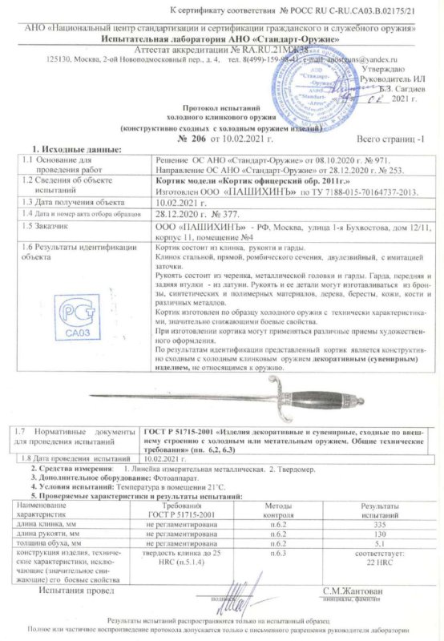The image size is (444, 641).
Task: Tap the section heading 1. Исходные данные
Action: point(75,150)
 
